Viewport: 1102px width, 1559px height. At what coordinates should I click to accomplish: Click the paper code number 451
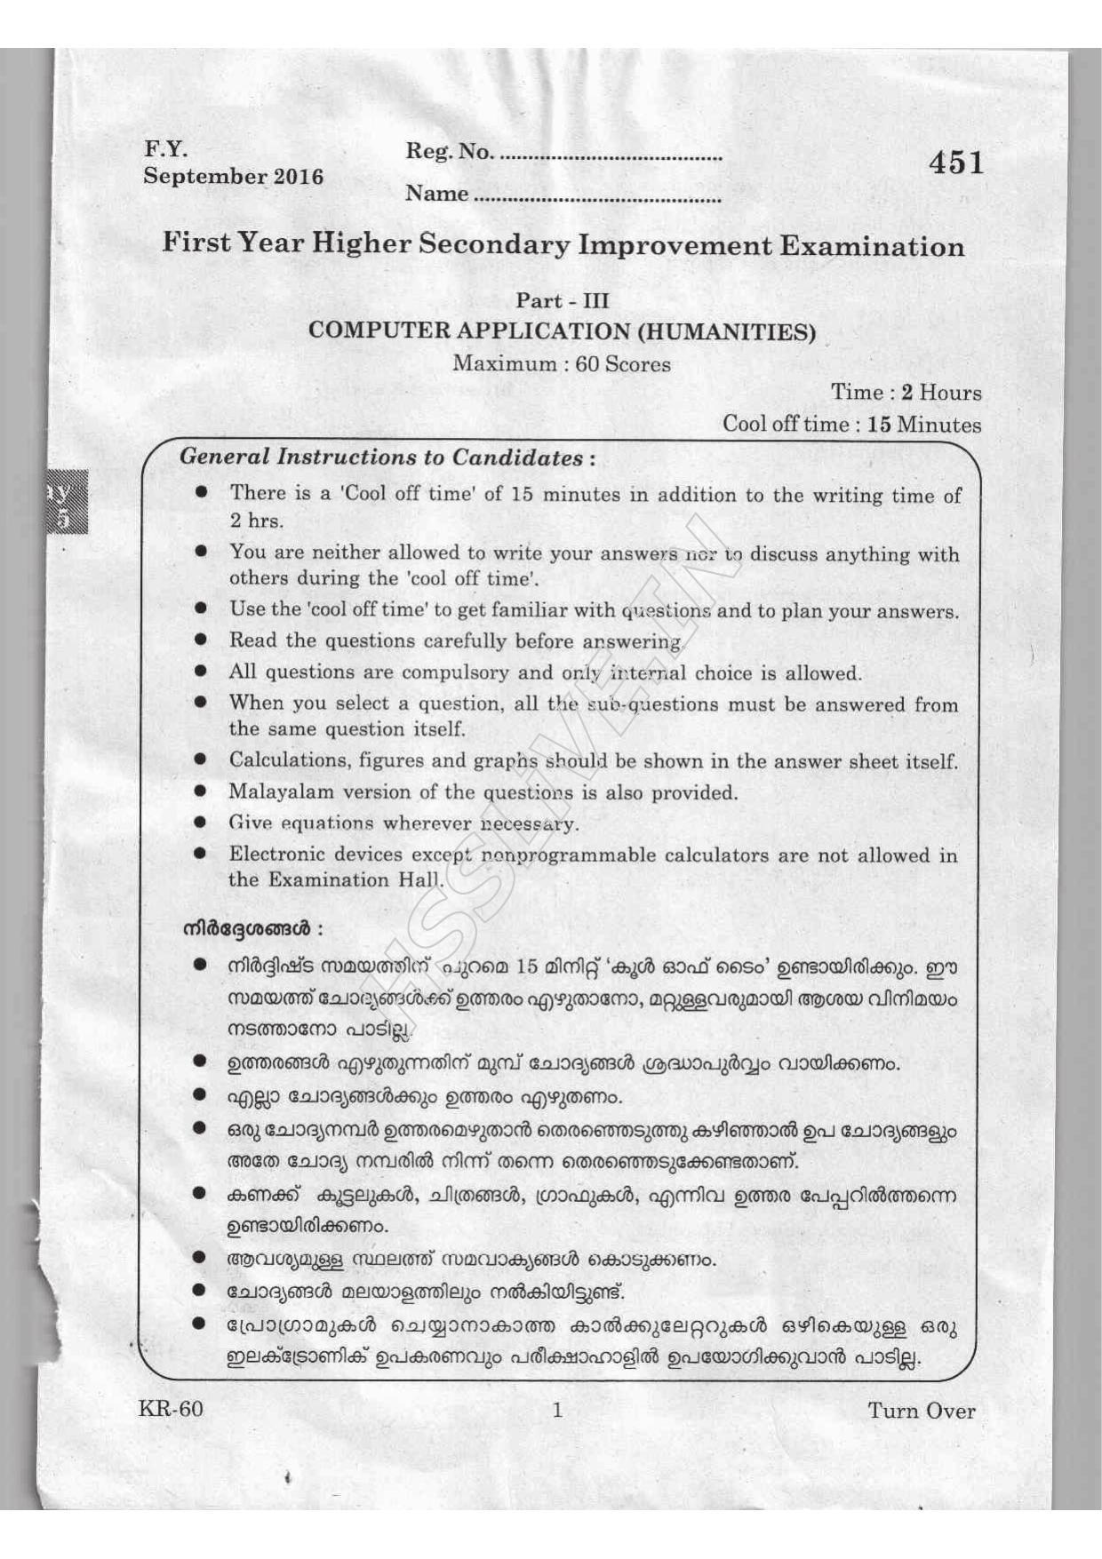pos(956,163)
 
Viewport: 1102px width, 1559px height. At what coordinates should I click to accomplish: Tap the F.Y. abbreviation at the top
pos(165,149)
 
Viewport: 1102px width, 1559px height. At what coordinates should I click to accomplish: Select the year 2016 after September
pos(298,176)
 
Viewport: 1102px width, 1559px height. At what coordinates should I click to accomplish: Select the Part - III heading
pos(563,301)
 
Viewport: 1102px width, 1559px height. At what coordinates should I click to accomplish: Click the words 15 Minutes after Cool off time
pos(924,424)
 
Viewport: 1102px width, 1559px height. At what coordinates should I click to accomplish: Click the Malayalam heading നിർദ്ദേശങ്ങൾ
pos(246,930)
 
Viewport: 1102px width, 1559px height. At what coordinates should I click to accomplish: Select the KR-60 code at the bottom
pos(171,1410)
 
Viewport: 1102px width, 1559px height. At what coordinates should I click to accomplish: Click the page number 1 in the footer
pos(557,1410)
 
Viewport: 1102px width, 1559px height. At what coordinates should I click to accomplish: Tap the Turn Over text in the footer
pos(921,1411)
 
